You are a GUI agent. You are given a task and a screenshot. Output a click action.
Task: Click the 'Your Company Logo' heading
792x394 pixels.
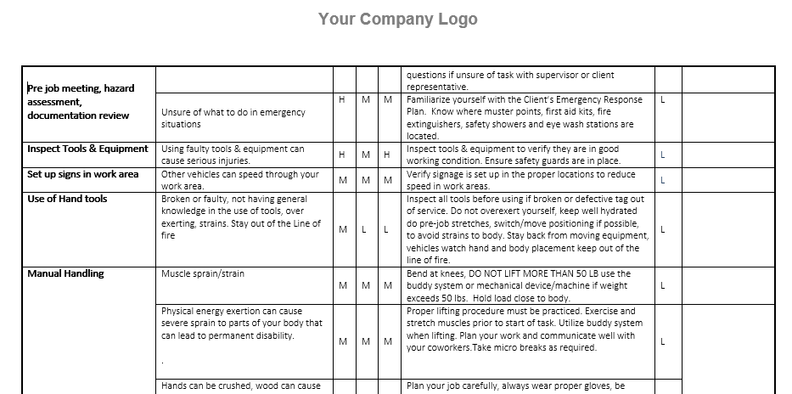[x=397, y=19]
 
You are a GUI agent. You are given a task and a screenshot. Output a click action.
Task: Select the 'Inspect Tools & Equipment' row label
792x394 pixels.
[x=87, y=149]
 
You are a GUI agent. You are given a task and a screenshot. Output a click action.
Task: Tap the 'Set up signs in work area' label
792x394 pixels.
[x=82, y=174]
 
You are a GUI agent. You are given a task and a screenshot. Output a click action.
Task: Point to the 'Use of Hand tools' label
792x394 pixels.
[x=67, y=199]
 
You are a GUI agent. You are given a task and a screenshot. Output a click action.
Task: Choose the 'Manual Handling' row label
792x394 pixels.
[x=65, y=273]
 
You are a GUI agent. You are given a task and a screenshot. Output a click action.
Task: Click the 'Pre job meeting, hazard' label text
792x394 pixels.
[x=81, y=87]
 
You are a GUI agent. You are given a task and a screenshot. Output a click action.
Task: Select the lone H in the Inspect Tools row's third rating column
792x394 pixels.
[x=387, y=155]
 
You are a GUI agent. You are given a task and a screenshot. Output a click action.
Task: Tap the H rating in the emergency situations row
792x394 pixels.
[x=342, y=99]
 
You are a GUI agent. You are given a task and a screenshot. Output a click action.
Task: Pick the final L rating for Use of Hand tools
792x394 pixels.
[x=662, y=229]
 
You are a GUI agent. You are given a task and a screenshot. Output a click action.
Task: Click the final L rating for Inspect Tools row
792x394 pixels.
[x=662, y=155]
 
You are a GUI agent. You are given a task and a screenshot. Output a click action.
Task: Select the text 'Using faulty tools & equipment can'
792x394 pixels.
[x=233, y=149]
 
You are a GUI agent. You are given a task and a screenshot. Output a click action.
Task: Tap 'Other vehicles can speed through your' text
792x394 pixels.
[x=240, y=174]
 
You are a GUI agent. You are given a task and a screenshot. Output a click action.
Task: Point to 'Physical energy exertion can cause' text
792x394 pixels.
[x=232, y=311]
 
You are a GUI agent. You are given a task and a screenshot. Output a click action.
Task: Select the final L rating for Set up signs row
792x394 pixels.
[x=662, y=180]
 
